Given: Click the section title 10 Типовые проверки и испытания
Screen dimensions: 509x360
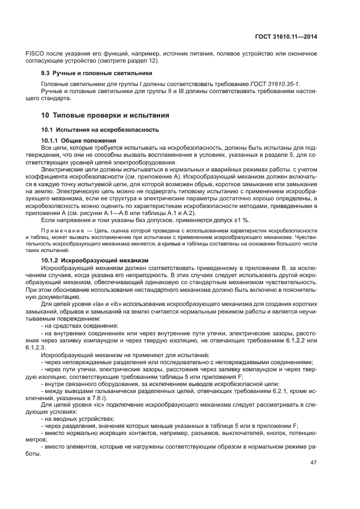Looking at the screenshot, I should coord(105,115).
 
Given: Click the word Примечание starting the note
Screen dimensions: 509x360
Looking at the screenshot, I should coord(60,231).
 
